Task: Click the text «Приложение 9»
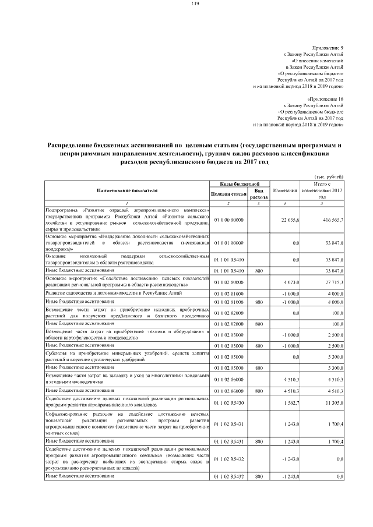329,46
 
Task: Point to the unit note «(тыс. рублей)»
329,176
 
